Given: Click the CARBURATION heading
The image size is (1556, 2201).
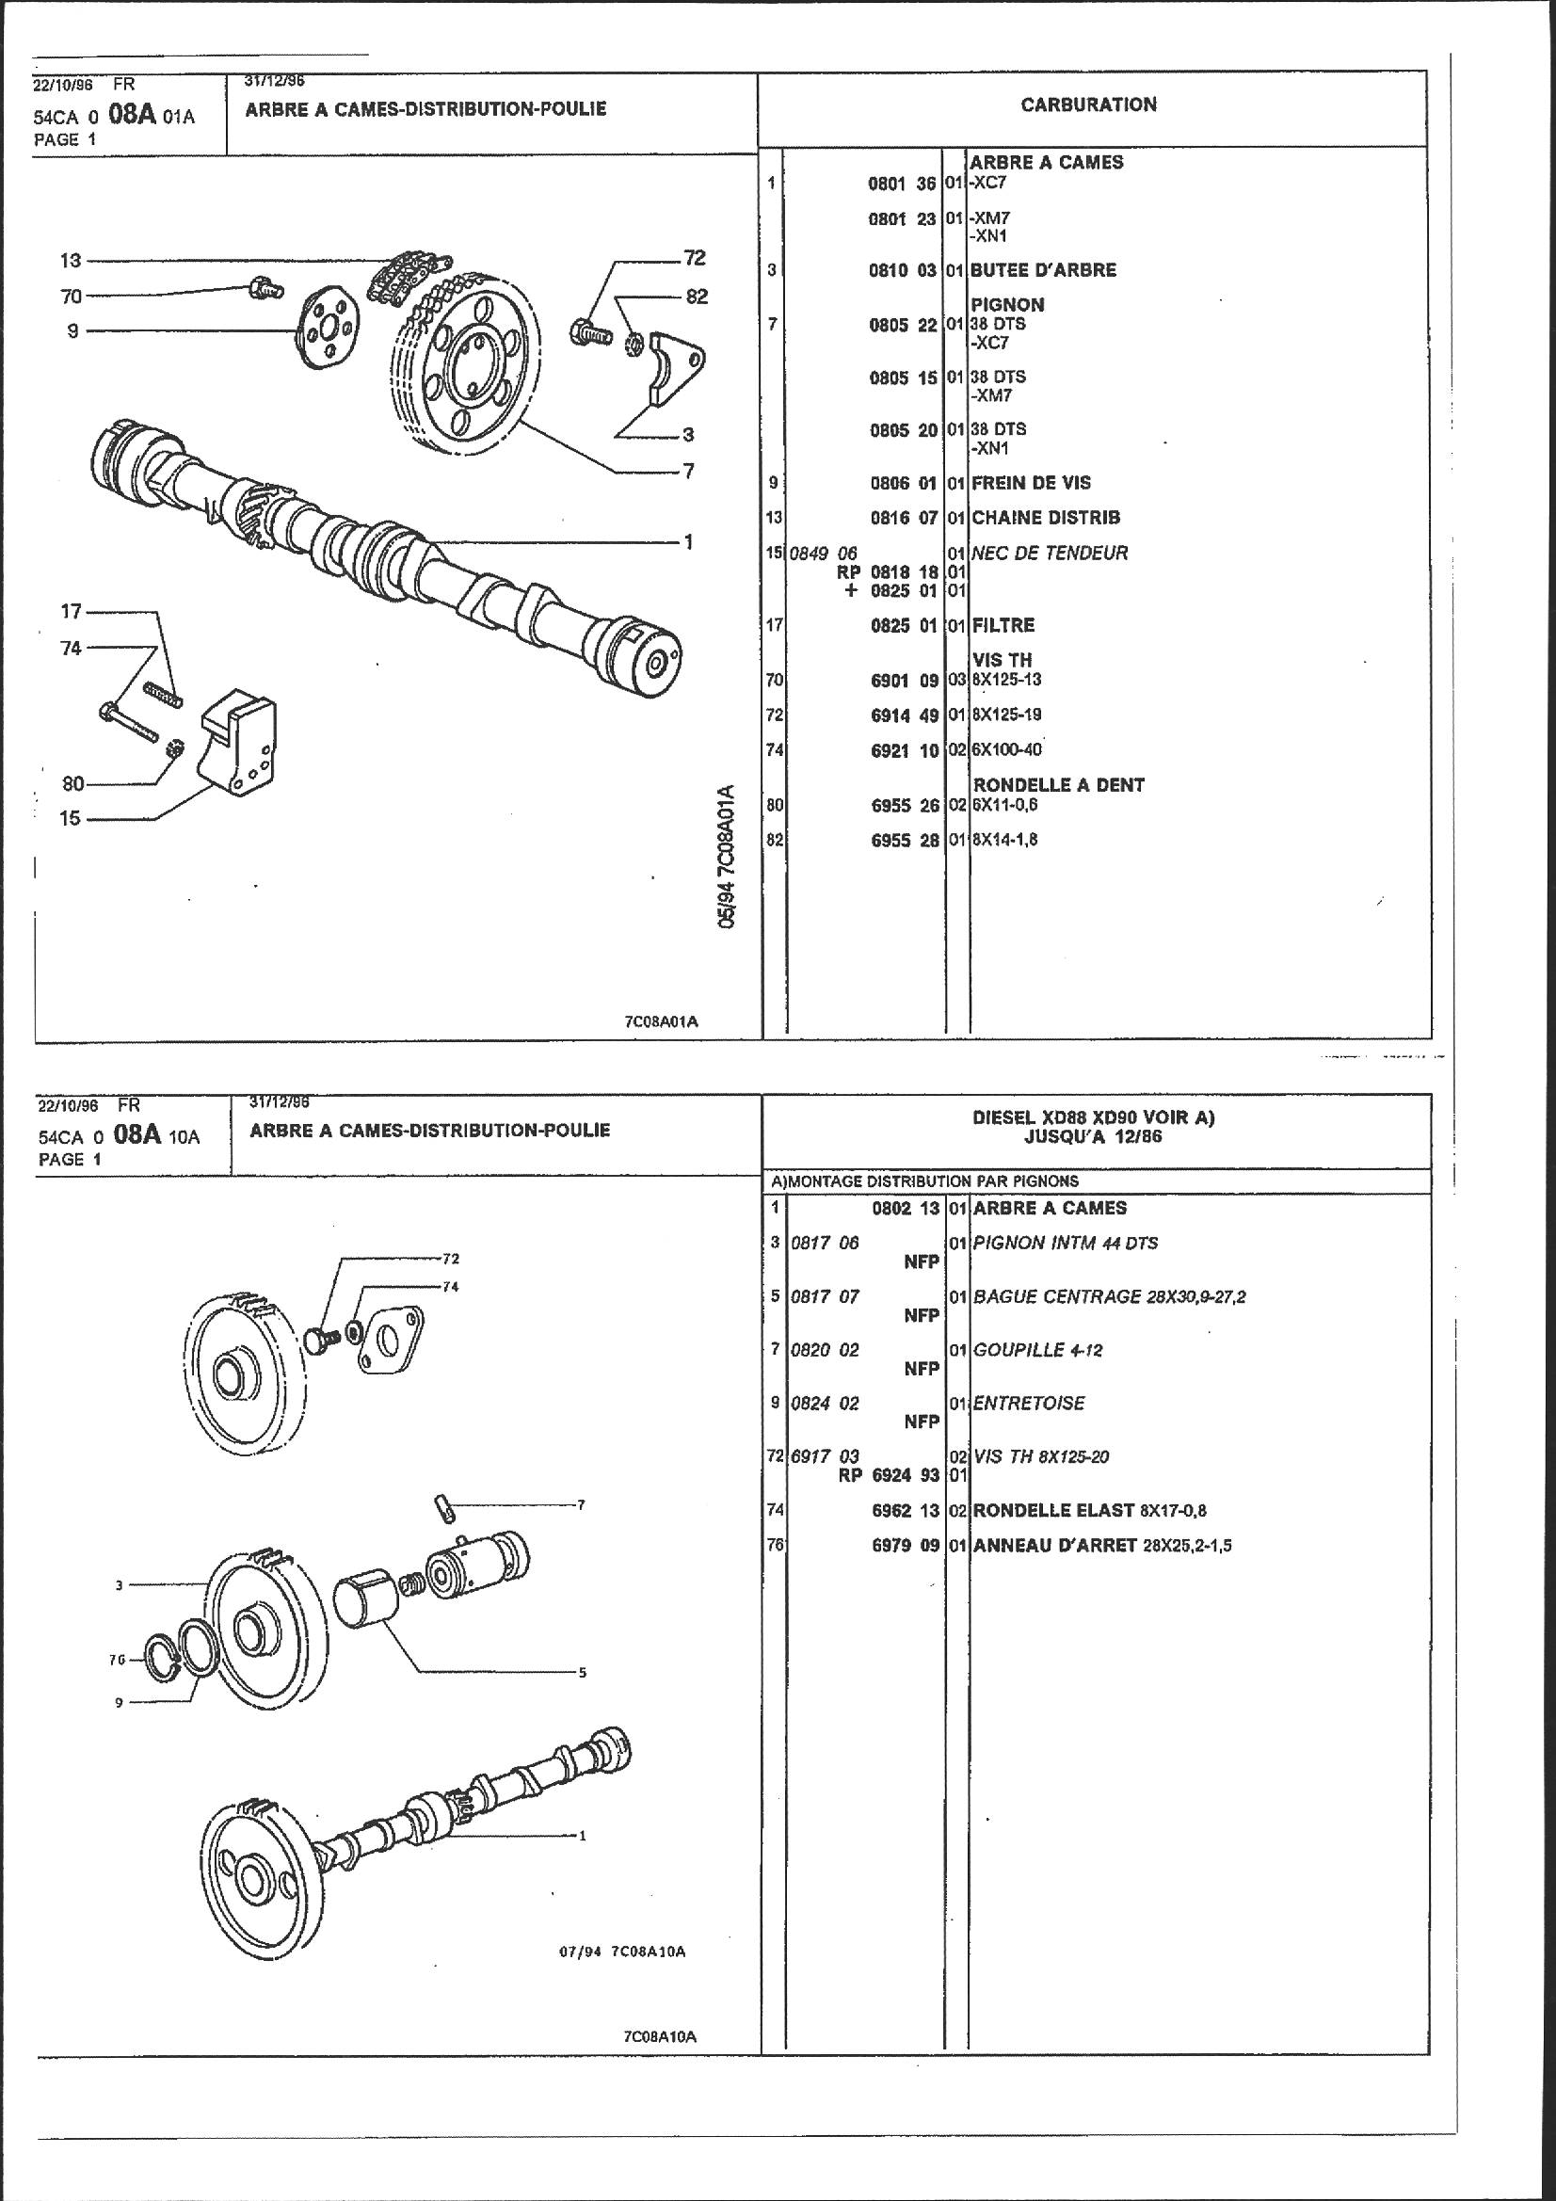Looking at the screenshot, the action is (x=1088, y=105).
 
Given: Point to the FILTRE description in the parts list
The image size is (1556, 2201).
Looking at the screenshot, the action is (x=1003, y=625).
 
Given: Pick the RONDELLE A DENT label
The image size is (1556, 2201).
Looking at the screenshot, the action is (x=1058, y=785).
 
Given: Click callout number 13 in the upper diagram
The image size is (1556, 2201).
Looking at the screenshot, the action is (x=70, y=260).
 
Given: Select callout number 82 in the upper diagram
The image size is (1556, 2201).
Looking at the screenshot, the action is (x=697, y=297).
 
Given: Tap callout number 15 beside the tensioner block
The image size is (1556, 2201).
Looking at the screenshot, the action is (x=70, y=820).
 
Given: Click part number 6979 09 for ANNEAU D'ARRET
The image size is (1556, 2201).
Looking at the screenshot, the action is (x=905, y=1547).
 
